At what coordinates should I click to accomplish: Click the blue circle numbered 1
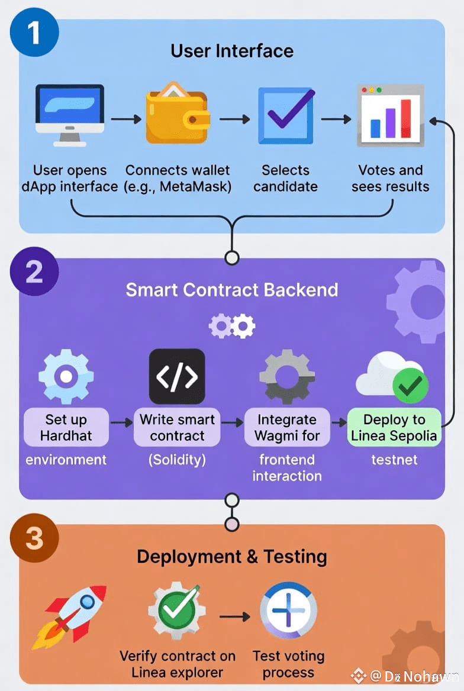34,32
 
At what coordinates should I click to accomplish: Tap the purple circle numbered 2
34,271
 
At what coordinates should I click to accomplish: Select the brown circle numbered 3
34,538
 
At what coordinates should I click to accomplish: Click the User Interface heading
232,51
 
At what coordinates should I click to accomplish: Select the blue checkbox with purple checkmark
286,115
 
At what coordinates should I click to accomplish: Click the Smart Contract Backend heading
232,290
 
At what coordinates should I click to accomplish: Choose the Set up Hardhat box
66,428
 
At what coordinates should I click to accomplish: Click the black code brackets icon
177,376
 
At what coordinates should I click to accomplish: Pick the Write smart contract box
177,428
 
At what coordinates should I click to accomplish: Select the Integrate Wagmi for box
287,428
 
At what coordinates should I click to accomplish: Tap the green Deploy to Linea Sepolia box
394,428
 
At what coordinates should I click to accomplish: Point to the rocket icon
70,615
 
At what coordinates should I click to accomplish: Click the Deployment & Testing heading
232,557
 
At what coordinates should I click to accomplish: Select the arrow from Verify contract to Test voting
234,617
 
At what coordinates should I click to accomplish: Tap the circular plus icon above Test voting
289,611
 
